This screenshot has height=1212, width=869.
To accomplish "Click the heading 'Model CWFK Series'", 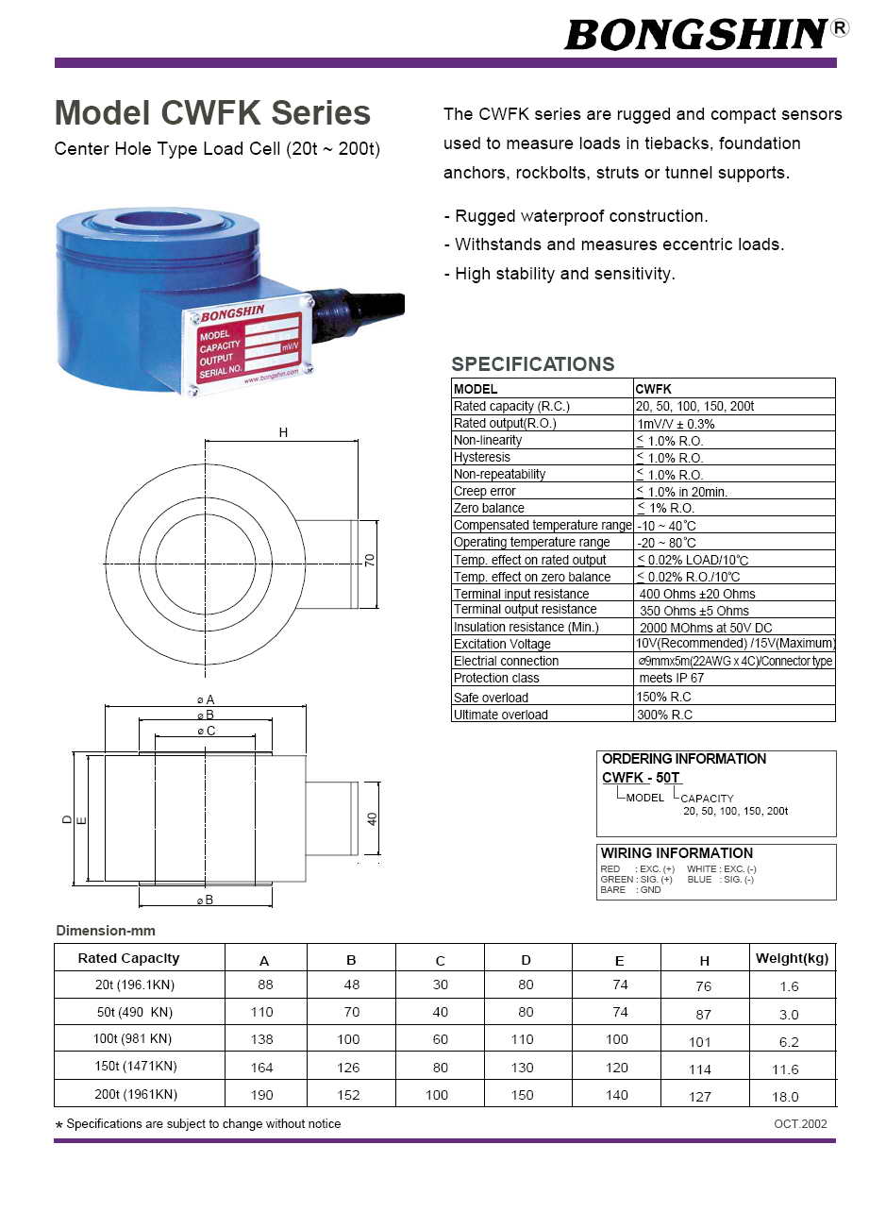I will coord(212,113).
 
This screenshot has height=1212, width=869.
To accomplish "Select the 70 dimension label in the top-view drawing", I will coord(371,560).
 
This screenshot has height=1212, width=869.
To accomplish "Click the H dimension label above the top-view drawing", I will coord(283,433).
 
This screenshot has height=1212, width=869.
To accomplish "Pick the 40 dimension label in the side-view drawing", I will coord(372,818).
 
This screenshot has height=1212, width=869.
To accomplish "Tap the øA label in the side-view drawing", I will coord(206,699).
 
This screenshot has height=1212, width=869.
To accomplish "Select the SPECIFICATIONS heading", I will coord(532,364).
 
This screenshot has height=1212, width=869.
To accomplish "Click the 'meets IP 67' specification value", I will coord(671,679).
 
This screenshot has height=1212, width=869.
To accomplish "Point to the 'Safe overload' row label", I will coord(491,698).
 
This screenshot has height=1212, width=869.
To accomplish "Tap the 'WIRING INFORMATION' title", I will coord(677,853).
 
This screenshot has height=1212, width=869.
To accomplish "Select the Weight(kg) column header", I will coord(792,958).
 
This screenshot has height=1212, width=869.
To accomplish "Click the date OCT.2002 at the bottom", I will coord(800,1124).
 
